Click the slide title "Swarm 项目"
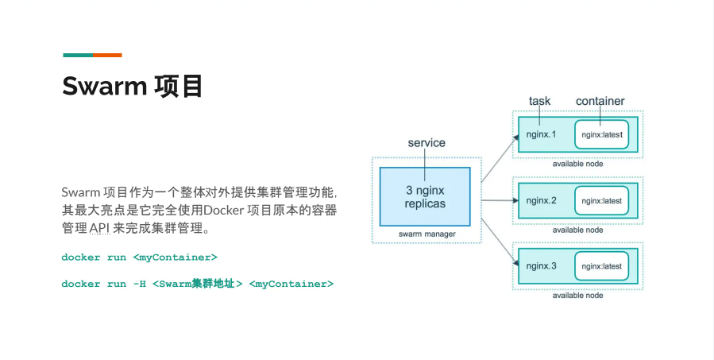(133, 86)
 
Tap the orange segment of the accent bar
(108, 55)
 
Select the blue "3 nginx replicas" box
(425, 196)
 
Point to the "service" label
(426, 143)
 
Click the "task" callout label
(539, 101)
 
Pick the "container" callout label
(600, 101)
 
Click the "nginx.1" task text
(542, 134)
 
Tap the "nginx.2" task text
(542, 200)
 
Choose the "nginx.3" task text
(542, 265)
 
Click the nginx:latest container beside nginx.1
(601, 134)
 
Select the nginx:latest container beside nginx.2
(601, 200)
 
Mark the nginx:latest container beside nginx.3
(601, 265)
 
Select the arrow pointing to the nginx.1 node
(496, 157)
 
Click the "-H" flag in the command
(139, 284)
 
